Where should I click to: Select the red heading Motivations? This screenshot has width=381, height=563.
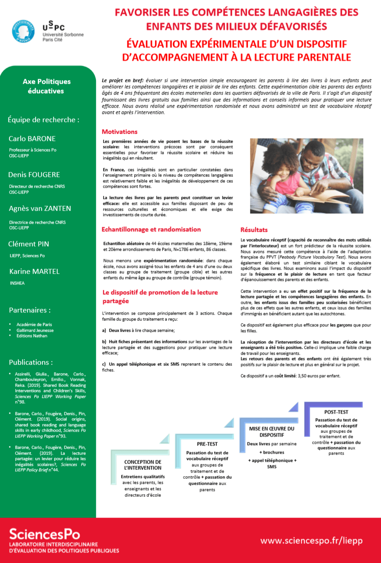coord(119,132)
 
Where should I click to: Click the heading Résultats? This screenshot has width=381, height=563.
coord(254,230)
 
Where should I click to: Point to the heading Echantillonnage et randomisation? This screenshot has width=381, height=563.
coord(151,230)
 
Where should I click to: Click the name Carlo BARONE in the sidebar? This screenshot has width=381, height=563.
coord(32,139)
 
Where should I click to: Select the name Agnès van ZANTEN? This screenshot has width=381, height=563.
coord(40,208)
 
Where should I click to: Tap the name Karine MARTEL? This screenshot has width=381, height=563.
coord(34,271)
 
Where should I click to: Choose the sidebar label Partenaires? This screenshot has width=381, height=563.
coord(29,310)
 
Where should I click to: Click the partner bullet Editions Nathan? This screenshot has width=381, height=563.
coord(32,336)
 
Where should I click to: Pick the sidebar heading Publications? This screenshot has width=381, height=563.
coord(30,362)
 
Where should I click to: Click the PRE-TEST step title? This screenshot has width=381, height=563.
coord(207,444)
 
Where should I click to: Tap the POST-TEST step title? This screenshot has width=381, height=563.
coord(336,412)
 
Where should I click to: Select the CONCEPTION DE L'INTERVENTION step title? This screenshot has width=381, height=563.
coord(142,465)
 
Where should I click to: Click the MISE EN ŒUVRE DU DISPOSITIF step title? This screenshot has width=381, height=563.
coord(271,432)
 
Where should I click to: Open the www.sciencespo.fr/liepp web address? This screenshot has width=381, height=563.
coord(311,540)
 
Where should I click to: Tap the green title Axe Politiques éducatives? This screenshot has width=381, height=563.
coord(47,86)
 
